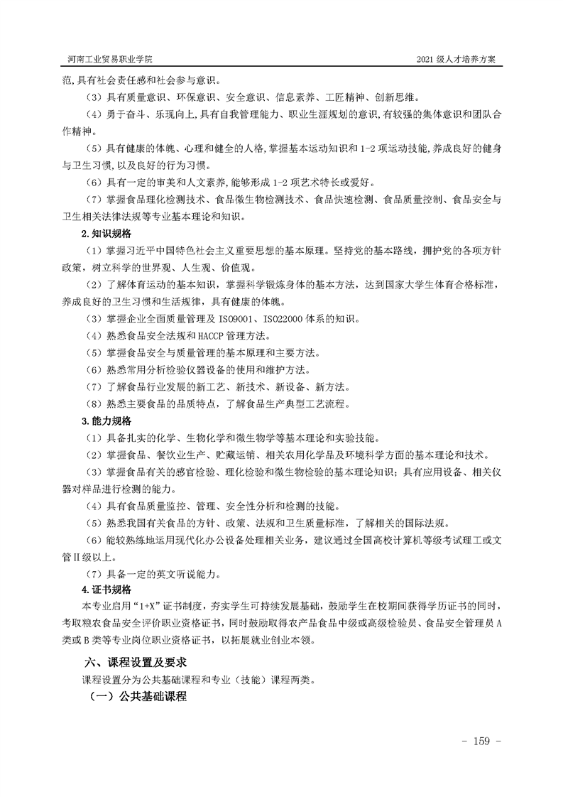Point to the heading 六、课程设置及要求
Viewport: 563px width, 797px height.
pyautogui.click(x=136, y=661)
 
